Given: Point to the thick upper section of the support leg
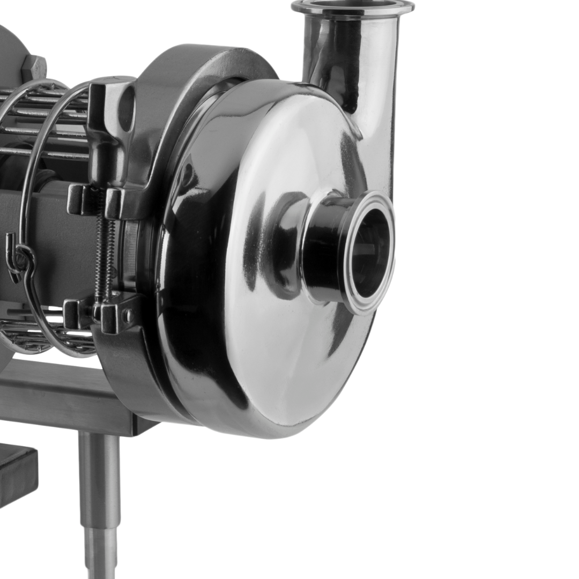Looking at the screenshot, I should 99,472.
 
